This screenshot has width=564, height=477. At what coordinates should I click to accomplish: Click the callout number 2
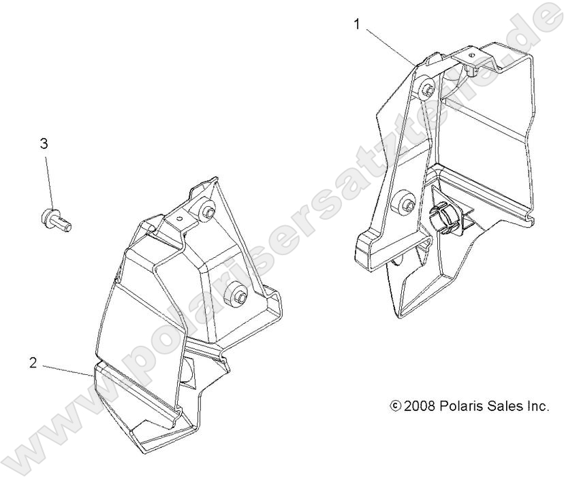point(33,363)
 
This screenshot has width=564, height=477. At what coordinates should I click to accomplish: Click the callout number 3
point(44,144)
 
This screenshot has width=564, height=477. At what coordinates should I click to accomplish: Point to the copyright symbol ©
point(395,406)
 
